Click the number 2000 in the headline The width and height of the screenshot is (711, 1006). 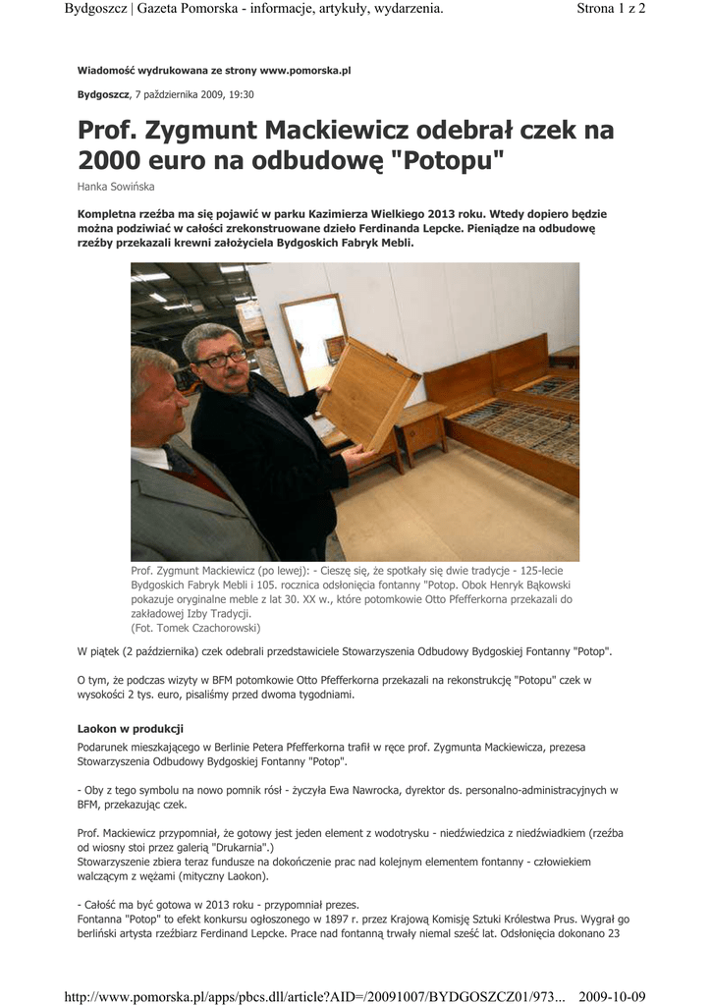pyautogui.click(x=109, y=159)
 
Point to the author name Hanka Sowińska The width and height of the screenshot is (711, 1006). pyautogui.click(x=116, y=187)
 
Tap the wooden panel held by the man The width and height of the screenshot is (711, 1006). pyautogui.click(x=365, y=393)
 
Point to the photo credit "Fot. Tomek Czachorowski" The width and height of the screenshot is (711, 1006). pyautogui.click(x=195, y=627)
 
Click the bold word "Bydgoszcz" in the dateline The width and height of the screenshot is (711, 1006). pyautogui.click(x=103, y=94)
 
